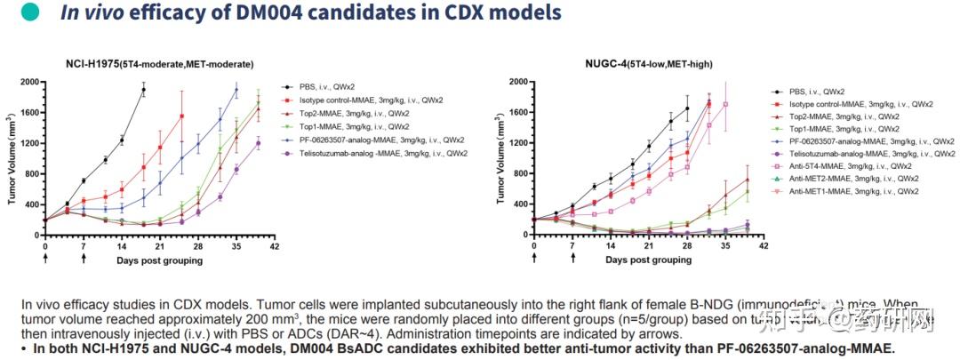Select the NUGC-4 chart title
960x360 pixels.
tap(648, 64)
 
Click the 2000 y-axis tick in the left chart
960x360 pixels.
tap(28, 83)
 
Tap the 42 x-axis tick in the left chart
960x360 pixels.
tap(276, 246)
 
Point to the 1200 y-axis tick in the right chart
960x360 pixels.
tap(516, 143)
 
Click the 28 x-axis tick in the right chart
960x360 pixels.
tap(688, 246)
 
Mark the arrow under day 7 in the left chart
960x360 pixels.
tap(84, 259)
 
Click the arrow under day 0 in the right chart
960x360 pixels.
tap(534, 259)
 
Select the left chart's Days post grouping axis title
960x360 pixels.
tap(160, 260)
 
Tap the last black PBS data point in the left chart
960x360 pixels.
tap(143, 90)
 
